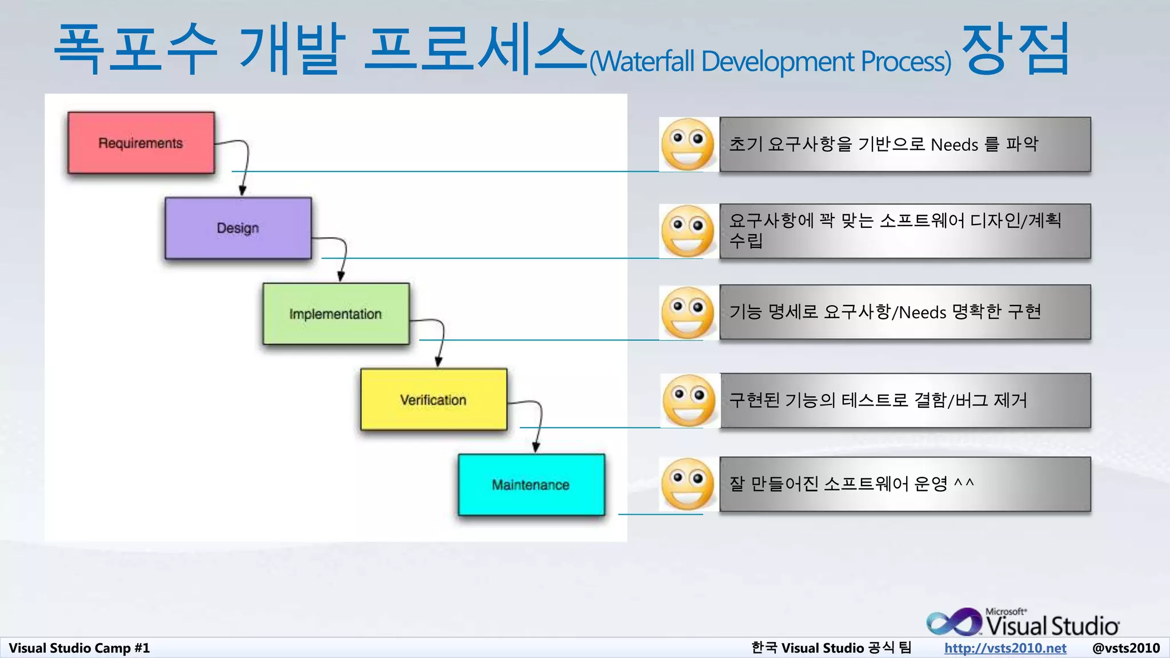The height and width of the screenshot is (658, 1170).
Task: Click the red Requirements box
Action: click(141, 143)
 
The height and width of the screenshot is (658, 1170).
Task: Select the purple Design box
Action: click(238, 228)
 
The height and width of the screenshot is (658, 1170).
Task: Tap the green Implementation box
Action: click(335, 314)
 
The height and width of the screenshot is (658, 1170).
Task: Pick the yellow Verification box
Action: click(433, 400)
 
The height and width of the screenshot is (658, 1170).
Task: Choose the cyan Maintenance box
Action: click(531, 485)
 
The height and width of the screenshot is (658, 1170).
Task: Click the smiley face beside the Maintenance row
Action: click(688, 484)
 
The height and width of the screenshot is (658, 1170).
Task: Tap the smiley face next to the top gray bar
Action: click(688, 145)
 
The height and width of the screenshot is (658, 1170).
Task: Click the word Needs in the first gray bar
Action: click(954, 145)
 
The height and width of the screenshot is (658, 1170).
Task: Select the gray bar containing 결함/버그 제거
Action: click(905, 400)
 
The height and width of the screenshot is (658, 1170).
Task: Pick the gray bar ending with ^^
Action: click(905, 484)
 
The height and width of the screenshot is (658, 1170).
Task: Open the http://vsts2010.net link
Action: click(1005, 648)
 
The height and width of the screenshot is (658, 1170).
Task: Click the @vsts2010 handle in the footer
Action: click(1125, 648)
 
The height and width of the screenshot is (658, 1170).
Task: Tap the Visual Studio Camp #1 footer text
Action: click(79, 648)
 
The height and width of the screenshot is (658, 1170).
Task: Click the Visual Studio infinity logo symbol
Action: click(953, 623)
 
